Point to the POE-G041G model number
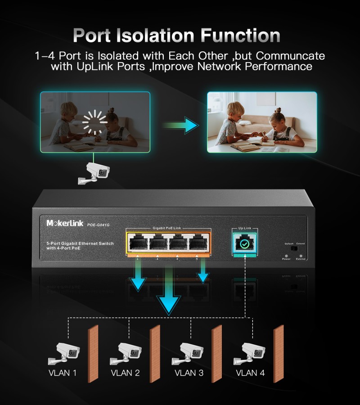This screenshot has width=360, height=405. (98, 225)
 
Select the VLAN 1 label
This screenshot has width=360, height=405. (63, 373)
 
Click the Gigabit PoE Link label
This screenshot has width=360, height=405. (167, 229)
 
